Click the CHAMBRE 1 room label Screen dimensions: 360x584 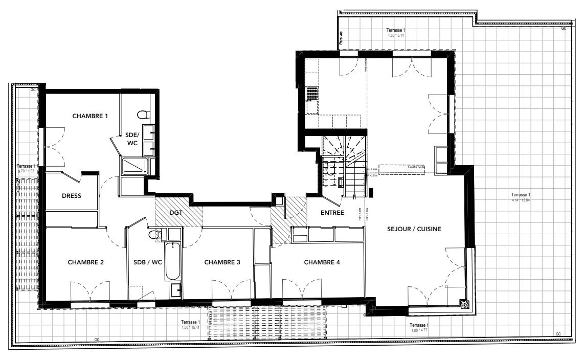(90, 116)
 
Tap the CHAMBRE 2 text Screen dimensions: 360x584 (86, 262)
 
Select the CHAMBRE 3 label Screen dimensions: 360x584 (222, 262)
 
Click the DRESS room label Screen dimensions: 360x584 (72, 196)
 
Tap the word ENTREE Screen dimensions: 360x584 (333, 213)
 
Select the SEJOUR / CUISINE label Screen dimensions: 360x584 (414, 229)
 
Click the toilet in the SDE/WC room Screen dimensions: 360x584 (143, 114)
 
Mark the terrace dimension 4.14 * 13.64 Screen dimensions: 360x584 (521, 200)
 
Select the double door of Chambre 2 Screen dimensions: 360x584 (90, 291)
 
